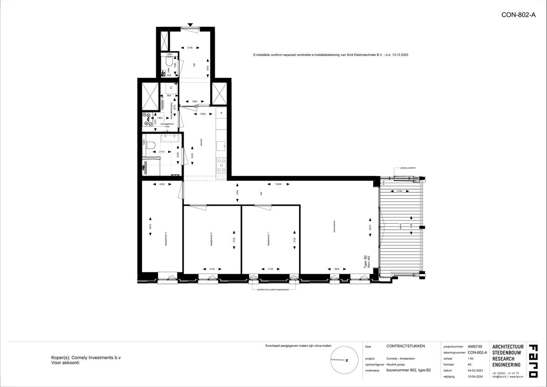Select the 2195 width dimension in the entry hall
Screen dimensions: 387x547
190,47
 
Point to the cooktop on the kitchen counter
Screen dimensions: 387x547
221,165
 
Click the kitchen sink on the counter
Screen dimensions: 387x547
221,145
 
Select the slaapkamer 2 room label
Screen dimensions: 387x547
211,239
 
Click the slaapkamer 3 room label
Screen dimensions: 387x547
166,239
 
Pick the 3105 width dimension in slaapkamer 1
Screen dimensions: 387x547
271,269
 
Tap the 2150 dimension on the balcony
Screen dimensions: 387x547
399,191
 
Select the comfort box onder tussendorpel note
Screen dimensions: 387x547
273,289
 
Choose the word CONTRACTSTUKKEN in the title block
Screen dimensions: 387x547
406,346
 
